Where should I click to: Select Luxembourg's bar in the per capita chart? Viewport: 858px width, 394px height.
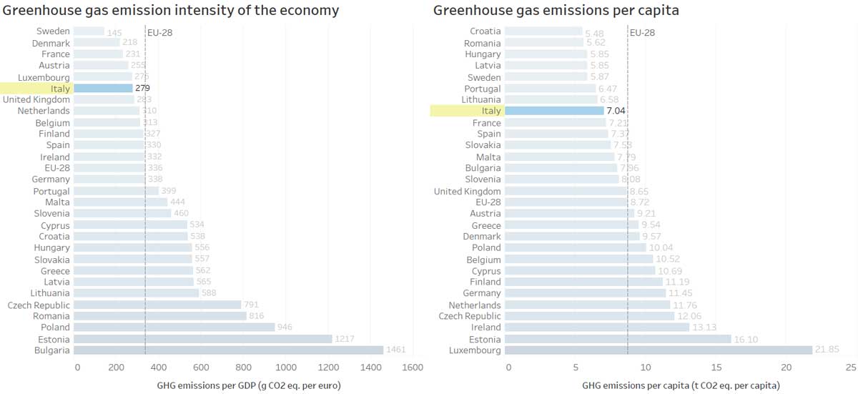658,350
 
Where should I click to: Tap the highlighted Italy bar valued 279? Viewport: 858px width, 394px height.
103,88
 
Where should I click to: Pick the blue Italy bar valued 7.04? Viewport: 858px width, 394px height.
554,111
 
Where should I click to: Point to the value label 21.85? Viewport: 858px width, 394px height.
828,350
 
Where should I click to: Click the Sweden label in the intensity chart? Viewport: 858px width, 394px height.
54,31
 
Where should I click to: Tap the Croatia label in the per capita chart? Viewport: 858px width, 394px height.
485,31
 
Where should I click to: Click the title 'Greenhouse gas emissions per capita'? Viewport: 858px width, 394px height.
556,10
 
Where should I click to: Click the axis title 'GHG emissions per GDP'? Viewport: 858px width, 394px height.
248,385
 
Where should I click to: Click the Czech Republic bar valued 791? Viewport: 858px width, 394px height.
157,305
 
